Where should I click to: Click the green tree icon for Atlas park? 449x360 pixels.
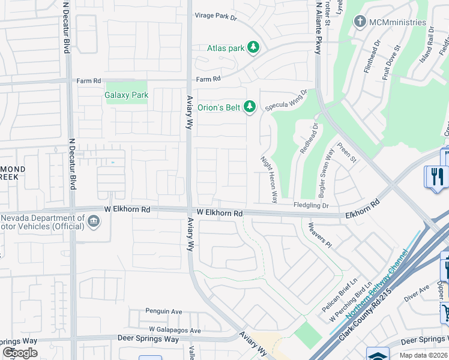tap(253, 47)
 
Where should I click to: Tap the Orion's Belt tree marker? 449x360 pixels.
tap(250, 107)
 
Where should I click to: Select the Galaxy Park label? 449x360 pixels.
tap(126, 95)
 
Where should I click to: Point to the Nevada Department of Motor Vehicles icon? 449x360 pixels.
tap(94, 222)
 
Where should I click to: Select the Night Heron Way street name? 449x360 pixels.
tap(268, 179)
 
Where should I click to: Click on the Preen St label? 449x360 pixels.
tap(346, 152)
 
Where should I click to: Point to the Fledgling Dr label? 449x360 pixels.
tap(311, 205)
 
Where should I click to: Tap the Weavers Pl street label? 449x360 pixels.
tap(319, 235)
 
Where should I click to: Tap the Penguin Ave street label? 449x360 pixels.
tap(163, 311)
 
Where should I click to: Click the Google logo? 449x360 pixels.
tap(20, 353)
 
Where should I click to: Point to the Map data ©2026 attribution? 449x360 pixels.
tap(423, 355)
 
